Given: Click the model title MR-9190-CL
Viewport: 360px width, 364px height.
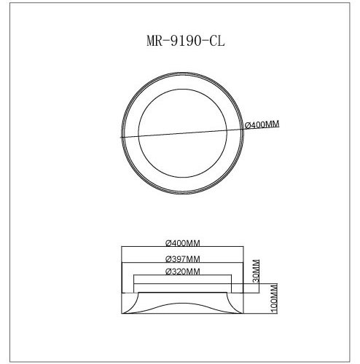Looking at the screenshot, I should (x=180, y=41).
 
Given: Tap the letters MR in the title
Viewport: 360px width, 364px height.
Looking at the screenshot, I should (x=146, y=41).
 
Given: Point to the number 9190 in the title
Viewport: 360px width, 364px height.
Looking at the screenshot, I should (x=179, y=41).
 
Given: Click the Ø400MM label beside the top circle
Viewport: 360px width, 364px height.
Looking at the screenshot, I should (x=260, y=125).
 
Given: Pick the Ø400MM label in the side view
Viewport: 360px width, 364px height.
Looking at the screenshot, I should (x=183, y=242).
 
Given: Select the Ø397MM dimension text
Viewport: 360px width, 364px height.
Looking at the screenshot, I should (x=183, y=258).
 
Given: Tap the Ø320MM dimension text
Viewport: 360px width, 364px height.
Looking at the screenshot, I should (x=183, y=272).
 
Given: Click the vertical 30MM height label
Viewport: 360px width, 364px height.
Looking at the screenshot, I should (x=255, y=271).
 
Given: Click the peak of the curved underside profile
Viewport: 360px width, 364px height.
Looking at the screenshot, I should (x=182, y=293).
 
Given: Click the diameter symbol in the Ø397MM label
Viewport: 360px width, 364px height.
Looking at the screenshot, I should (x=168, y=258).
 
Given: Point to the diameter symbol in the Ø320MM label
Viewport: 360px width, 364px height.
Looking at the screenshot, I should (x=168, y=272).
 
